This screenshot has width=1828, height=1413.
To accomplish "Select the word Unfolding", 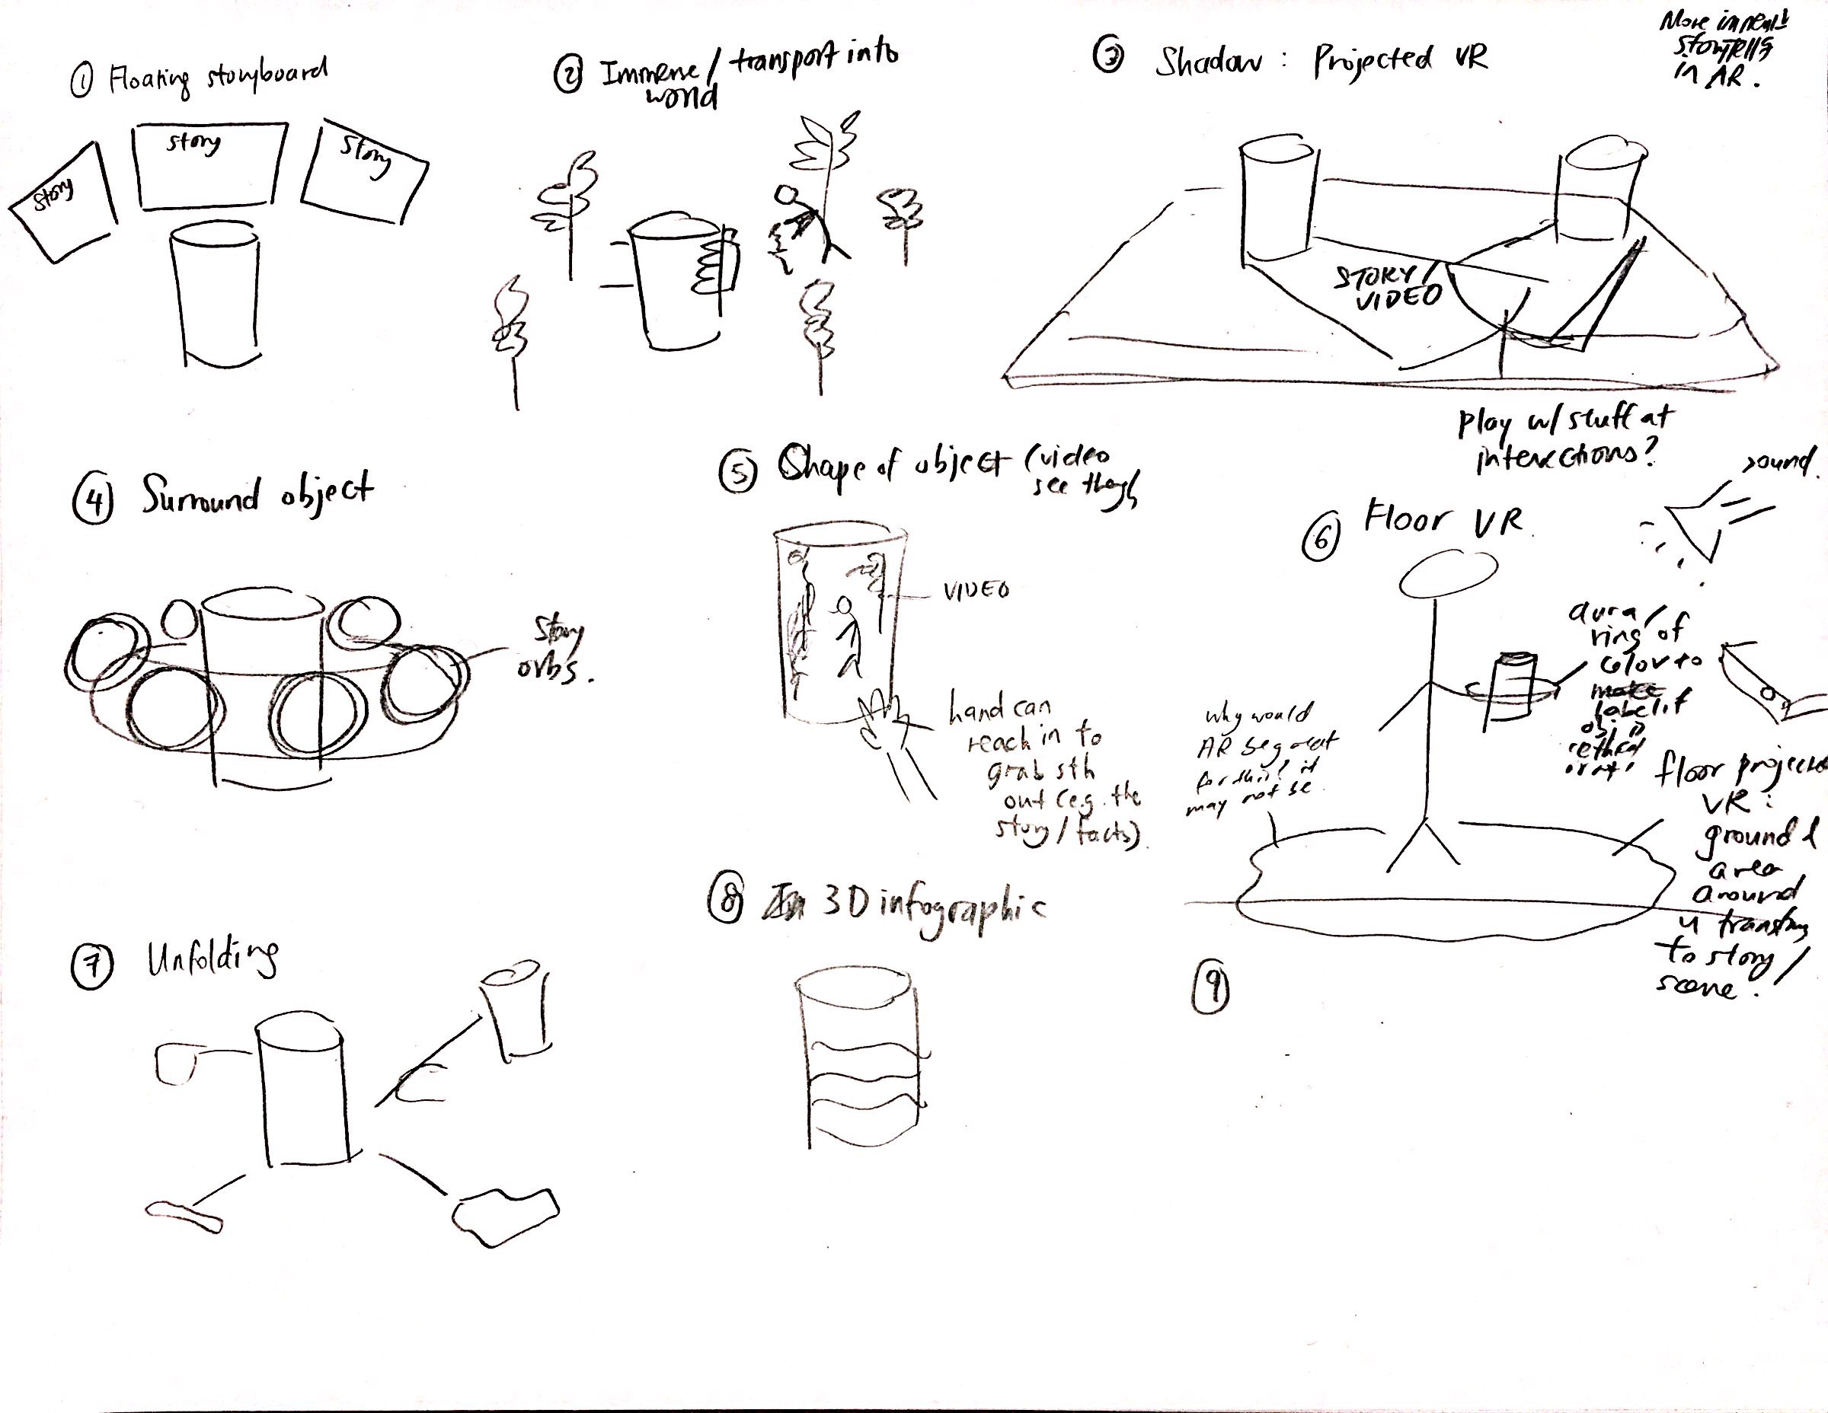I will coord(213,959).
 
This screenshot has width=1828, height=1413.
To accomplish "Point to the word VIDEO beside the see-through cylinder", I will coord(976,591).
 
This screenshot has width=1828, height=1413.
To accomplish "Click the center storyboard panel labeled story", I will coord(209,166).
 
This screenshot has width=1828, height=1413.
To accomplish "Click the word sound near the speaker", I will coord(1780,460).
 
